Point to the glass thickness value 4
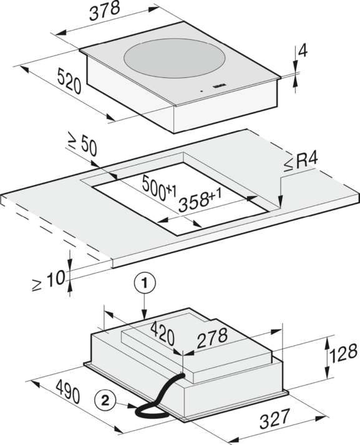tap(303, 51)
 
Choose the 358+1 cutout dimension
tap(200, 200)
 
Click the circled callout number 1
tap(145, 283)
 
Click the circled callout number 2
tap(105, 401)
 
